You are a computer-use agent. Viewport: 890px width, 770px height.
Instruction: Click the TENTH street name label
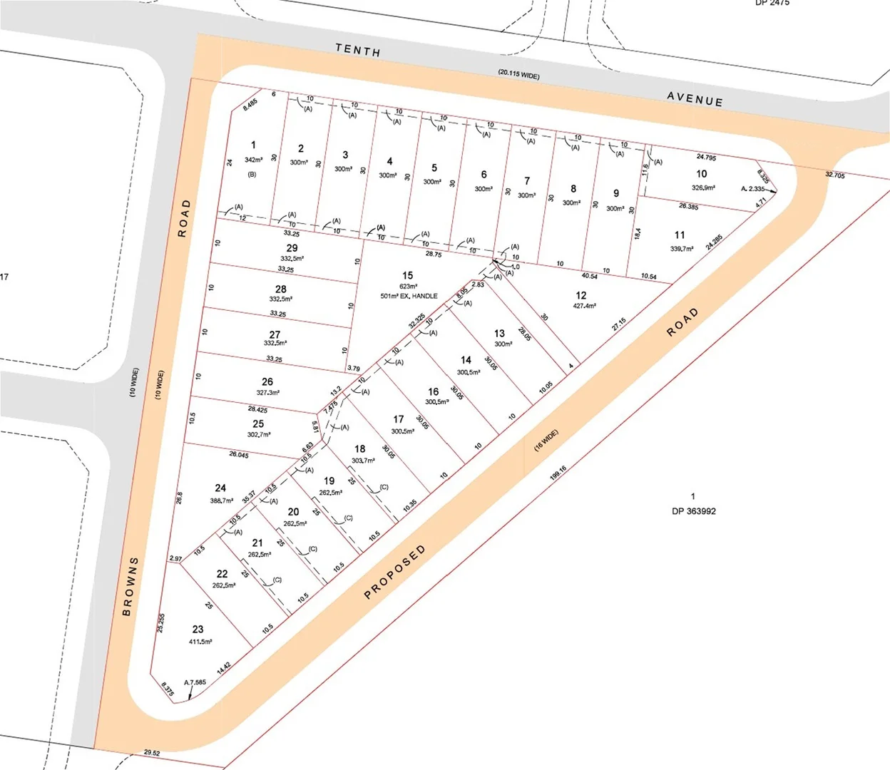coord(358,50)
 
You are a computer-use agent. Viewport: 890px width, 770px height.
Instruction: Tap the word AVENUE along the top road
coord(695,99)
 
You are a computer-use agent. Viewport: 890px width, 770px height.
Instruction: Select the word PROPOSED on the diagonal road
coord(395,572)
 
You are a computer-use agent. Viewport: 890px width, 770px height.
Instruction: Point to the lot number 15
coord(407,275)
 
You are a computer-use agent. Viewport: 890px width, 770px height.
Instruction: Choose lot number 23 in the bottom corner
coord(198,630)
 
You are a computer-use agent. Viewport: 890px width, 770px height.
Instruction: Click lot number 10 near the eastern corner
coord(702,174)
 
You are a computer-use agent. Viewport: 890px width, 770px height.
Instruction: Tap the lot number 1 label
coord(253,145)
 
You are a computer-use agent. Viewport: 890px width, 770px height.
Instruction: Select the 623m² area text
coord(408,287)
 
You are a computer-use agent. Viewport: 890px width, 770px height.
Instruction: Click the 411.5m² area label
coord(200,642)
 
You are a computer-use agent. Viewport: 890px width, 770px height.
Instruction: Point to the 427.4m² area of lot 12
coord(584,307)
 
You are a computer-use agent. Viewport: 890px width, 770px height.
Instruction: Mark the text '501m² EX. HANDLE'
coord(409,296)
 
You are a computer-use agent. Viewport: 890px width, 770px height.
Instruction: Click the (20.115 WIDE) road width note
coord(518,74)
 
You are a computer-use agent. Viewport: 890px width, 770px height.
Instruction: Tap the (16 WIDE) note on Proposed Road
coord(546,440)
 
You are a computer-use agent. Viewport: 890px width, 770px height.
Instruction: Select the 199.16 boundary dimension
coord(558,472)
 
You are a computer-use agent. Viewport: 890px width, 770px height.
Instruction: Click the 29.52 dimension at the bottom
coord(152,752)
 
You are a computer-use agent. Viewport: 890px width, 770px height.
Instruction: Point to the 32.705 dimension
coord(834,175)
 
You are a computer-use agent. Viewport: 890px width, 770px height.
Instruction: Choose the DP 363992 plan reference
coord(693,511)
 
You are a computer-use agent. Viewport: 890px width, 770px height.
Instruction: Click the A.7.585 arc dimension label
coord(195,682)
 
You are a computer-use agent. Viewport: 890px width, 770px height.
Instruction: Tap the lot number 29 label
coord(292,248)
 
